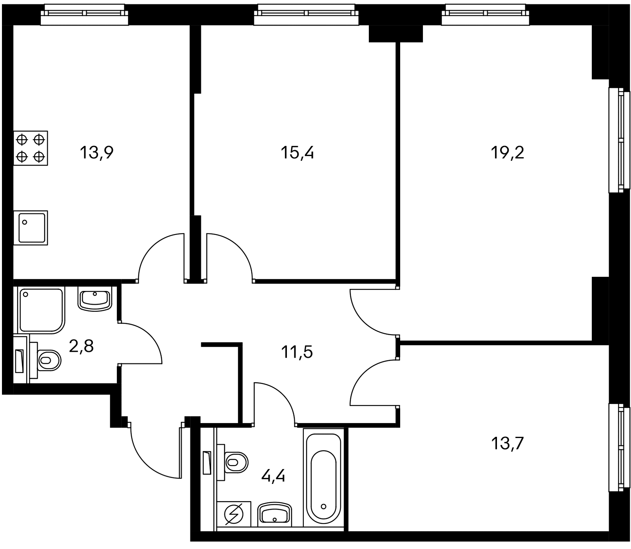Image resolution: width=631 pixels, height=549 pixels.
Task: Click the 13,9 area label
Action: [x=96, y=153]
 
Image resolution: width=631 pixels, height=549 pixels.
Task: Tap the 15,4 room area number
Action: [x=297, y=153]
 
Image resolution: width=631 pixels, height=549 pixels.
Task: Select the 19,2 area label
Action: [x=507, y=153]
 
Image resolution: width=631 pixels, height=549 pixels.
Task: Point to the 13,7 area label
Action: [x=507, y=444]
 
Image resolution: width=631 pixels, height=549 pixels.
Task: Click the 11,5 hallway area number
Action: [x=297, y=352]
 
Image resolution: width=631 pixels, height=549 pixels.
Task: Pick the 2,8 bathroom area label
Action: [x=81, y=347]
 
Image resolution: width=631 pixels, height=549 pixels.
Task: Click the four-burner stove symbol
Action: [x=31, y=148]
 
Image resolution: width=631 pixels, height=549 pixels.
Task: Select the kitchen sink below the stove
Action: [x=31, y=228]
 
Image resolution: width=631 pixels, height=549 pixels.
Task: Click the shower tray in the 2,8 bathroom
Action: [x=41, y=311]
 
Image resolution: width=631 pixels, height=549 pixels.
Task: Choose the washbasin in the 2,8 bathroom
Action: [x=95, y=299]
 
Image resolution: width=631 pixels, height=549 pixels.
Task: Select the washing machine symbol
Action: [x=234, y=514]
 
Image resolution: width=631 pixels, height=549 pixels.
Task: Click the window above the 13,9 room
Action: [x=85, y=15]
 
